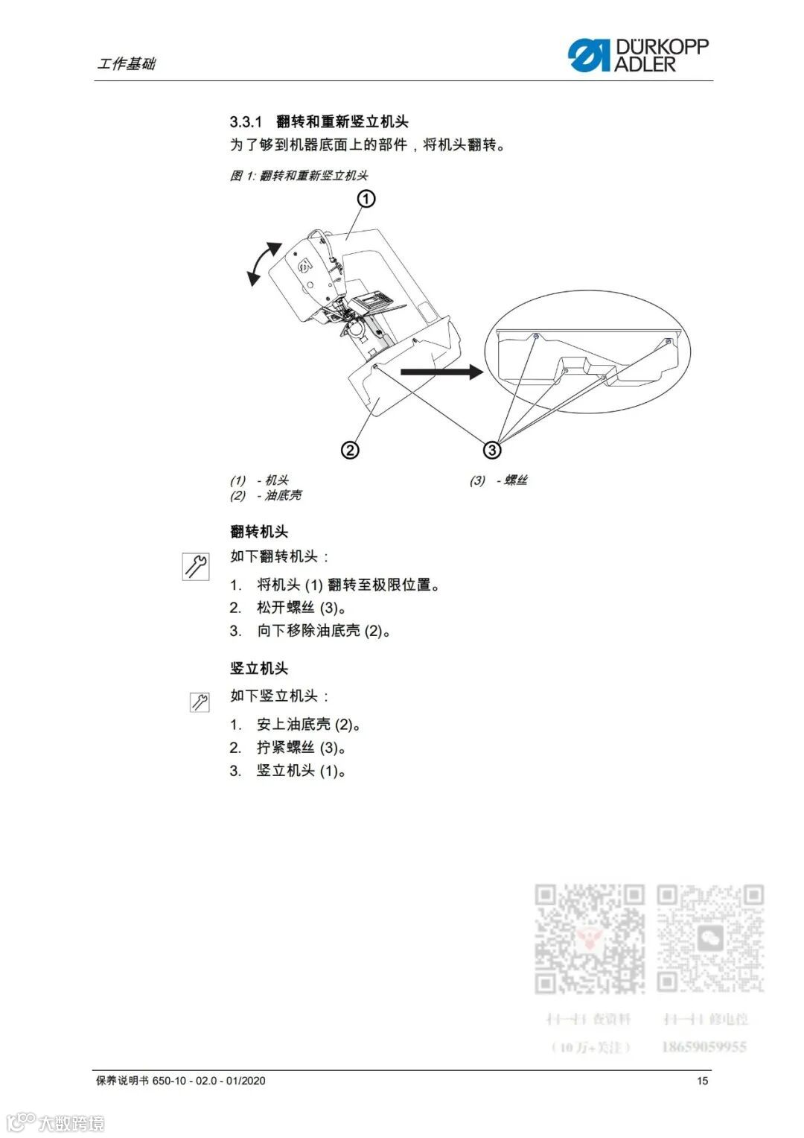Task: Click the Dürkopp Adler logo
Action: pos(638,56)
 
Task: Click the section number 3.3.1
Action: pos(246,122)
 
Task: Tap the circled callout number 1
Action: pos(366,199)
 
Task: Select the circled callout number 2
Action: pos(350,450)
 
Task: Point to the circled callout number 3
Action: pos(491,450)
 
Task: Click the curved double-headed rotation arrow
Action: pos(264,263)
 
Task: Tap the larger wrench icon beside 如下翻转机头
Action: pos(196,566)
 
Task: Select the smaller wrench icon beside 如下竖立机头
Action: pos(200,702)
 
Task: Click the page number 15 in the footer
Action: pos(702,1081)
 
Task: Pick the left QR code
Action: pos(589,938)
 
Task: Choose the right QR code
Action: pos(710,938)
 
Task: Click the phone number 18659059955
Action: pos(703,1047)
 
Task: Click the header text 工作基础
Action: pos(127,64)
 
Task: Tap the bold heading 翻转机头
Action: pos(259,532)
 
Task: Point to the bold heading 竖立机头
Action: pos(259,669)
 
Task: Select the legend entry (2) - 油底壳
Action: pos(266,496)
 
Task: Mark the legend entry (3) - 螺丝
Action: pos(498,480)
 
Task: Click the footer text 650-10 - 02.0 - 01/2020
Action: pos(208,1081)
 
